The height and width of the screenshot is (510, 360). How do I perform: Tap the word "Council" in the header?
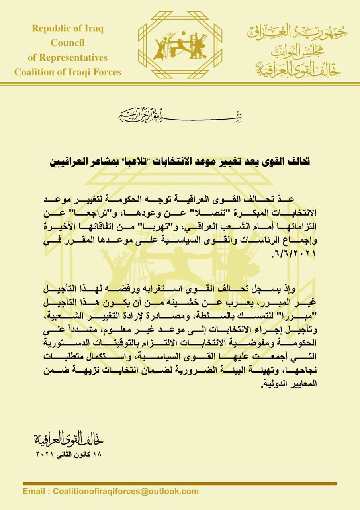coord(68,43)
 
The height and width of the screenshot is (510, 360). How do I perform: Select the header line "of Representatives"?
coord(68,57)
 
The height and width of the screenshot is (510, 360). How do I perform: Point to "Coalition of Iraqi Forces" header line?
coord(68,72)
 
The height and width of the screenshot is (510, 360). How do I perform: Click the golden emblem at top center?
coord(180,43)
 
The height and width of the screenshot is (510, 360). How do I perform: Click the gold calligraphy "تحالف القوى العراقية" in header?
coord(297,69)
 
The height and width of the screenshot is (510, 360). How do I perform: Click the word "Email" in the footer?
coord(34,491)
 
